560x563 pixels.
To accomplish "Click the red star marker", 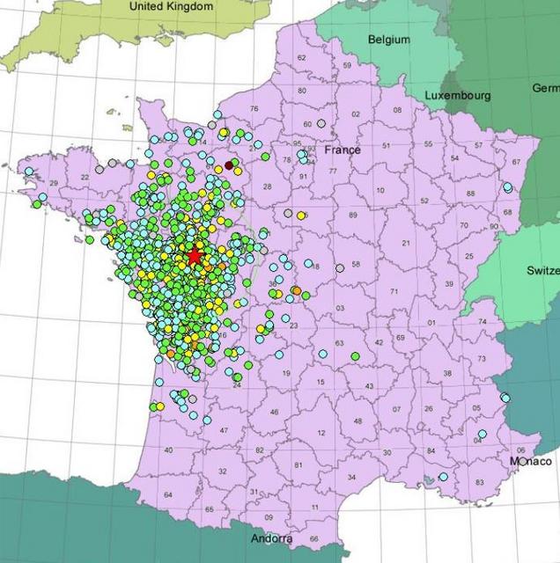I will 194,255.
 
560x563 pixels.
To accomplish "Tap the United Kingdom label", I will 171,7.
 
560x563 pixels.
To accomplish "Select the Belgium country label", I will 389,40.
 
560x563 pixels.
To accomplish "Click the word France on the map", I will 343,150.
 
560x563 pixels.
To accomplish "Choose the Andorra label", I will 271,539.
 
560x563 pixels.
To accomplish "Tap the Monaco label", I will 531,461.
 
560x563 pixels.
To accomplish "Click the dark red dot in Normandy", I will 230,164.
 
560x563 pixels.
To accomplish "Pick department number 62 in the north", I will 301,58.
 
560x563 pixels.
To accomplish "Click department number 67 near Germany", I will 516,163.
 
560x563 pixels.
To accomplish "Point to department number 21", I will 406,243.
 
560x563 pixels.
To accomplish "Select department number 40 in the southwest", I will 168,450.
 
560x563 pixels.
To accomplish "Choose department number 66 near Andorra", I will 313,538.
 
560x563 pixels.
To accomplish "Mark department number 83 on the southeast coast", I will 479,482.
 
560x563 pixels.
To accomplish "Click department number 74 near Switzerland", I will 482,322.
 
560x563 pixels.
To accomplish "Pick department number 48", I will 357,420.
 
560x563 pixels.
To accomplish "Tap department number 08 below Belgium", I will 397,110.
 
